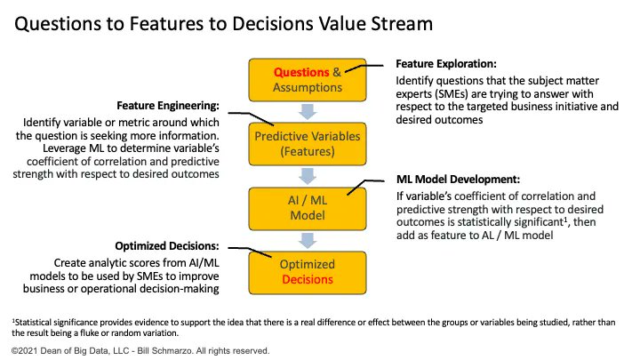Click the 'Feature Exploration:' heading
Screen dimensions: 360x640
(444, 65)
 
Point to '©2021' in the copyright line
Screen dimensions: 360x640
(25, 350)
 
